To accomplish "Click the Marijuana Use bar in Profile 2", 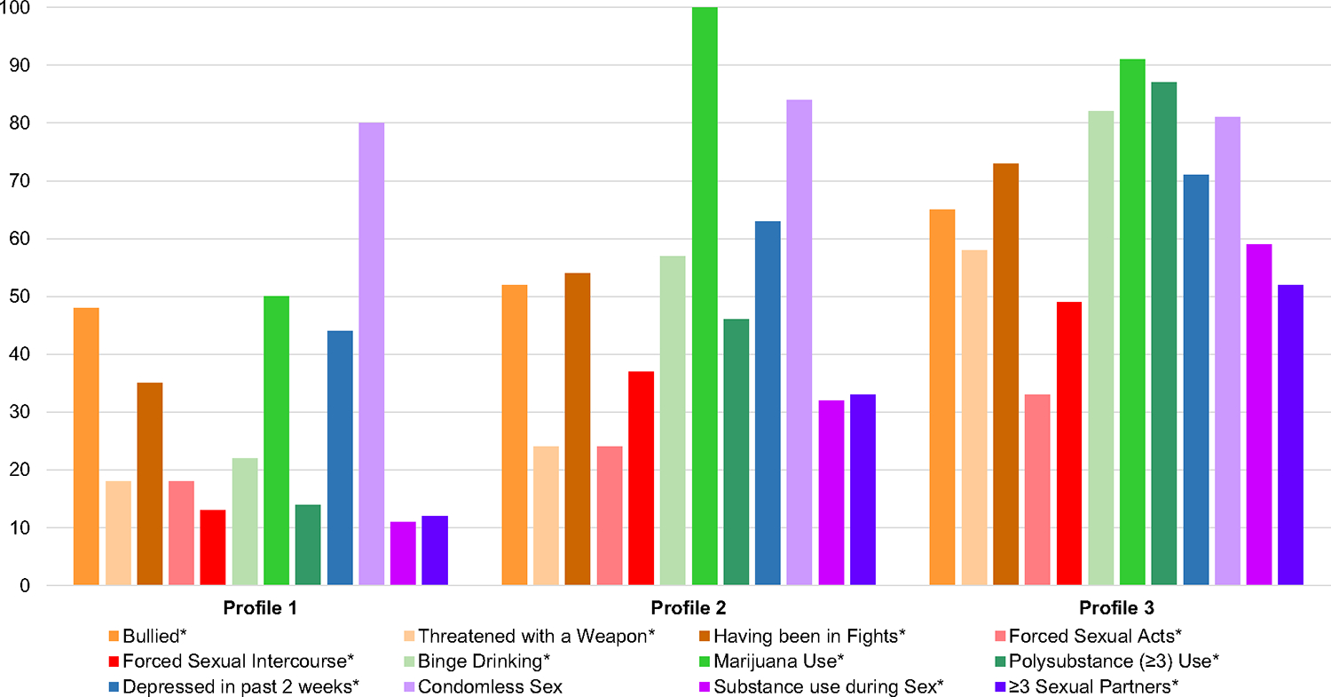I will coord(705,296).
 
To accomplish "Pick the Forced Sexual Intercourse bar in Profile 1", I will coord(213,547).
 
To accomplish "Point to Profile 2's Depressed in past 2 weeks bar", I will coord(768,403).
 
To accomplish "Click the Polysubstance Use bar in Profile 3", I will coord(1163,333).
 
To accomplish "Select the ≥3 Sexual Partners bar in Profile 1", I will coord(435,550).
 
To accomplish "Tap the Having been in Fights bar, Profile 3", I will coord(1005,374).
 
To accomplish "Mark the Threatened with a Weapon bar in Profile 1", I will coord(118,533).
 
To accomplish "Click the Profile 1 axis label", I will coord(260,609).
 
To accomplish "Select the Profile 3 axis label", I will coord(1116,609).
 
